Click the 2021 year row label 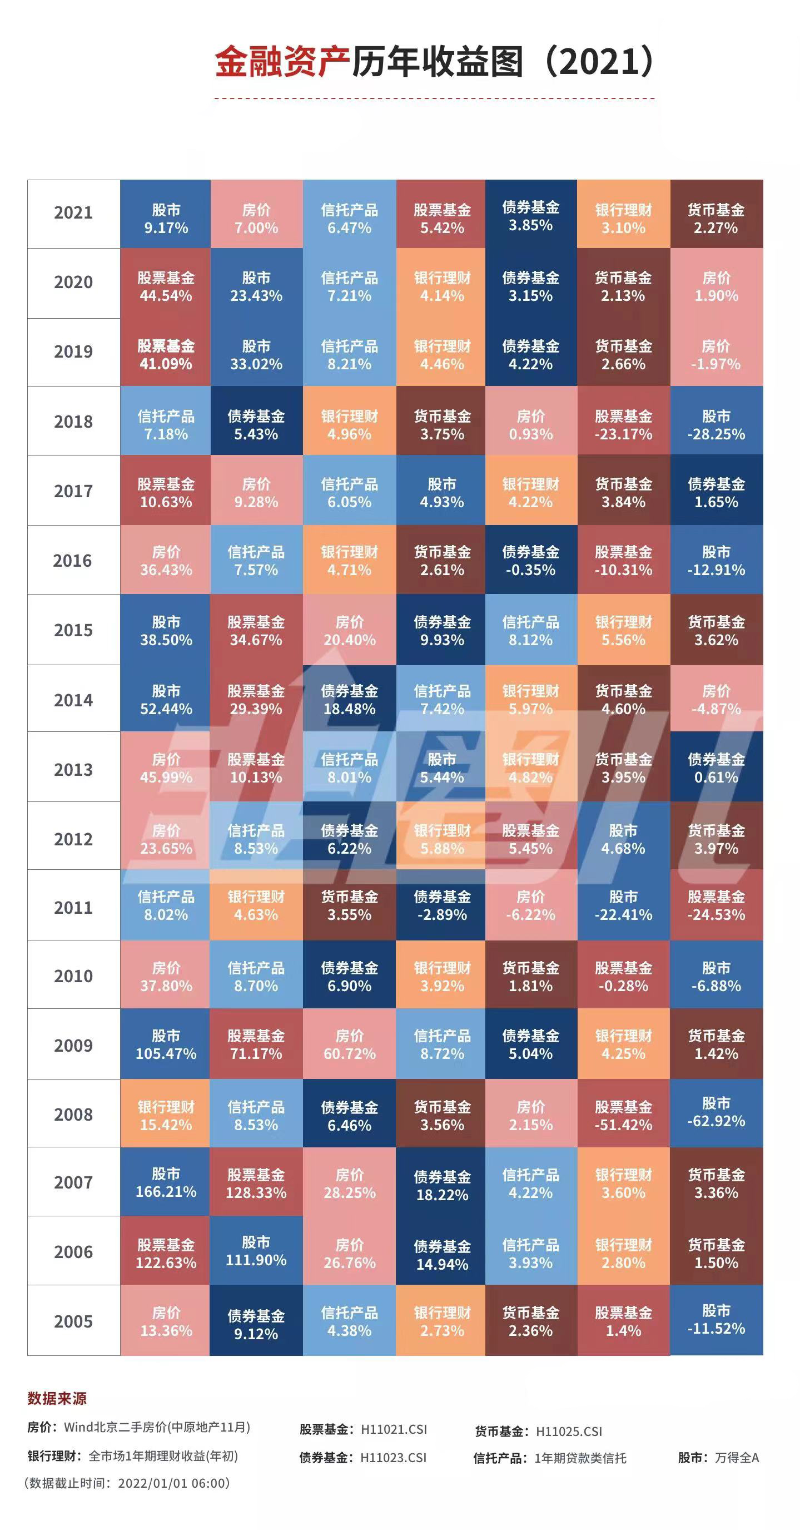click(x=73, y=213)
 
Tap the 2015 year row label click(x=73, y=630)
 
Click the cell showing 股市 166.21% click(x=166, y=1182)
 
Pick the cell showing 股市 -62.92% click(x=716, y=1112)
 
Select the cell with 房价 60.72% click(x=349, y=1044)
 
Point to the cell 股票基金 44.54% click(x=166, y=287)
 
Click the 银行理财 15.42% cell click(x=166, y=1116)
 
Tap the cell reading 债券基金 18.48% click(x=349, y=700)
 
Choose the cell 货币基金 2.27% click(x=716, y=219)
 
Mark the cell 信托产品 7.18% click(x=166, y=425)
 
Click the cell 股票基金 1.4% click(x=624, y=1321)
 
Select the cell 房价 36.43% click(x=166, y=561)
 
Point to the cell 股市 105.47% click(x=166, y=1044)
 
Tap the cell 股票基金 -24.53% click(x=716, y=906)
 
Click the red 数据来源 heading click(x=57, y=1398)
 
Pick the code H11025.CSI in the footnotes click(x=569, y=1432)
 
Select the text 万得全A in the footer click(x=737, y=1458)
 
